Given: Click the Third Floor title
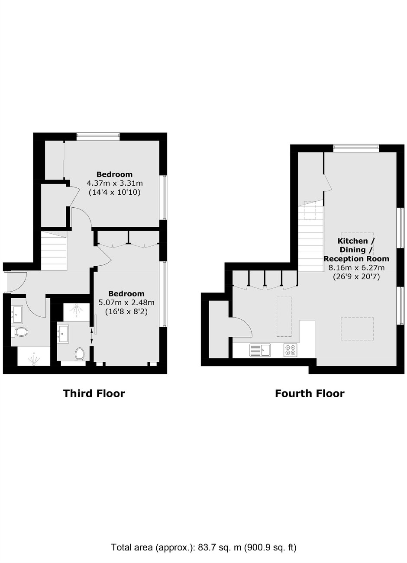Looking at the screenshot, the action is [94, 393].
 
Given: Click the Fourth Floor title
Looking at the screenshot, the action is [310, 393].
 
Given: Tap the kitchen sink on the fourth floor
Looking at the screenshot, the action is [260, 350].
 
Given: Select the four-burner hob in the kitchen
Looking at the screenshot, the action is [290, 350].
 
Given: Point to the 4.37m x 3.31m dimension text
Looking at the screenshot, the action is [114, 183].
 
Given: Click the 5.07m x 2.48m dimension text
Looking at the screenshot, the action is [126, 302].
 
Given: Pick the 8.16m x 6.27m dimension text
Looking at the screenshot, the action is [356, 268].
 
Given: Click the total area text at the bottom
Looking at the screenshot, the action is [204, 547].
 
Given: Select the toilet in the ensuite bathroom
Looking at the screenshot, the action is [80, 354].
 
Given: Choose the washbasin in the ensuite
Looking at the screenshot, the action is [63, 334].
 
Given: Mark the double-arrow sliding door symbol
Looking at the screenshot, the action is [91, 336].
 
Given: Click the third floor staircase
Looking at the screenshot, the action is [54, 251].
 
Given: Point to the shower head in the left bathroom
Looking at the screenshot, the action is [33, 359].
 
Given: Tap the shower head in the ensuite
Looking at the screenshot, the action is [76, 308].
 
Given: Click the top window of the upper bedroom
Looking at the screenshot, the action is [98, 137].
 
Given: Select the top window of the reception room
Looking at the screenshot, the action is [356, 148].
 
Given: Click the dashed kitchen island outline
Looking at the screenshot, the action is [284, 317].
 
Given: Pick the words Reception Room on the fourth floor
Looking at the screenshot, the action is [356, 259].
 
